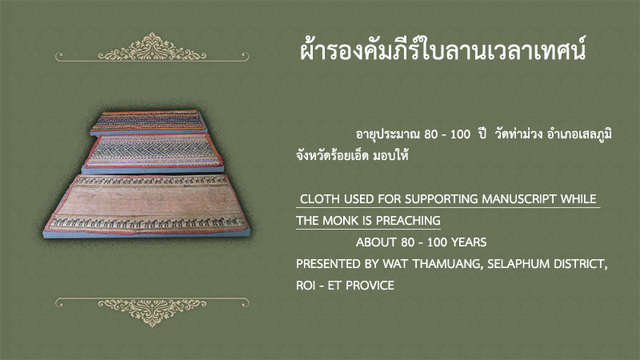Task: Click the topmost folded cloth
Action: point(149,122)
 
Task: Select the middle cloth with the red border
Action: point(153,153)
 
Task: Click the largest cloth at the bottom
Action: point(146,206)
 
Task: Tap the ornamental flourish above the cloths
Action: point(152,48)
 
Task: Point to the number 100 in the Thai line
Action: point(461,134)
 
